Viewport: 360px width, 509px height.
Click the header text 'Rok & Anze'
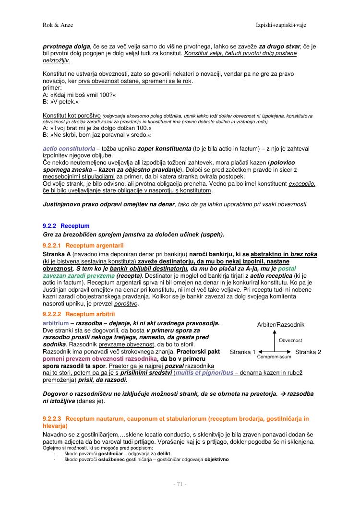click(x=58, y=24)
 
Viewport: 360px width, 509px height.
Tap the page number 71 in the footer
click(x=180, y=485)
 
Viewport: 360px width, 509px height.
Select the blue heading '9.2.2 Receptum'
click(x=66, y=225)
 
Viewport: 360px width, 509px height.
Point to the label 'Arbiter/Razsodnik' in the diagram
click(x=281, y=325)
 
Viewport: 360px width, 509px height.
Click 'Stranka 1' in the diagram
click(x=243, y=352)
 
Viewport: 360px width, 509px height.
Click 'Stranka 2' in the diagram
click(x=308, y=352)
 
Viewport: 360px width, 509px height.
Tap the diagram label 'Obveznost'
click(x=290, y=340)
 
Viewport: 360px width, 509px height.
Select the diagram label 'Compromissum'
click(x=274, y=357)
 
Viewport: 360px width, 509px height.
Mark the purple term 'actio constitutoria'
click(x=69, y=149)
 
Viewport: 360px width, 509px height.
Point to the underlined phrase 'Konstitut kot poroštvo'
click(x=72, y=116)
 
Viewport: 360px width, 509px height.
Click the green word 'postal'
click(x=300, y=269)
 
